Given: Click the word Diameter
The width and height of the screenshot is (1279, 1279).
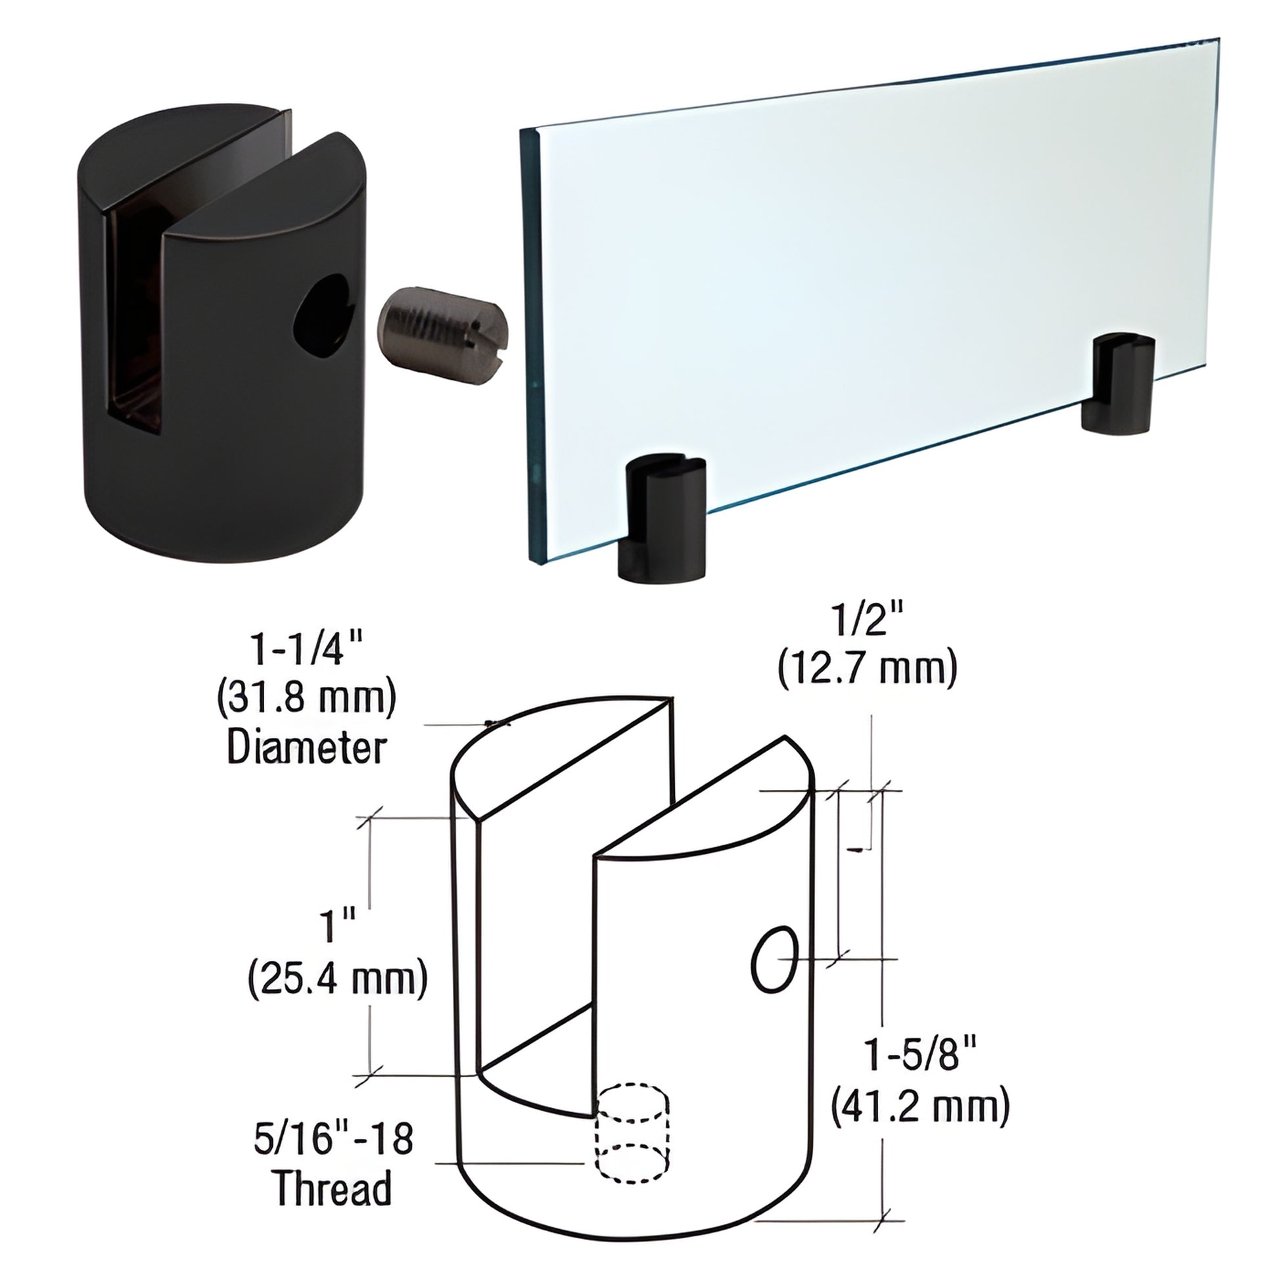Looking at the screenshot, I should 306,749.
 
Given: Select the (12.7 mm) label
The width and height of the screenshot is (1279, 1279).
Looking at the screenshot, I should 867,670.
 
